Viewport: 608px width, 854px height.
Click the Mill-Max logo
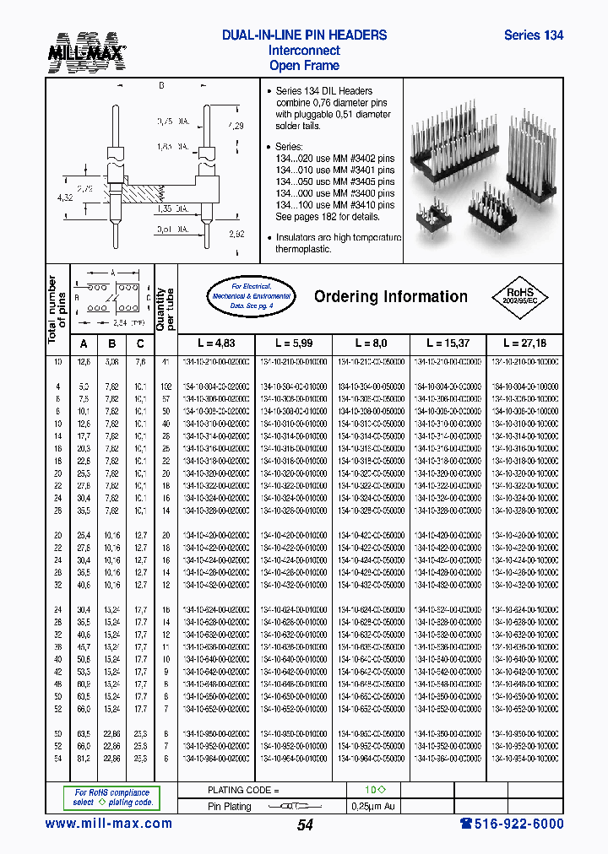pyautogui.click(x=86, y=50)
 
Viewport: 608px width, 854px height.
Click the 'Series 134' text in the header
pyautogui.click(x=533, y=35)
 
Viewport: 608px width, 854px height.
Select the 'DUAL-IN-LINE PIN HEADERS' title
pyautogui.click(x=304, y=35)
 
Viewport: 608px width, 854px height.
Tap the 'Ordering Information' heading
pyautogui.click(x=390, y=296)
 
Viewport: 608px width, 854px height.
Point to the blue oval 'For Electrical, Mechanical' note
pyautogui.click(x=251, y=296)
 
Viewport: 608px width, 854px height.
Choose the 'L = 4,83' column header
pyautogui.click(x=215, y=344)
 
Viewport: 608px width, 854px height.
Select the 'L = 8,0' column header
pyautogui.click(x=370, y=344)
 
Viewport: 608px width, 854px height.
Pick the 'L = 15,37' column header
pyautogui.click(x=447, y=344)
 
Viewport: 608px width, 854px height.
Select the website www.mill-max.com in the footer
pyautogui.click(x=108, y=824)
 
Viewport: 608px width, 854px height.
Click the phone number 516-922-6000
pyautogui.click(x=512, y=824)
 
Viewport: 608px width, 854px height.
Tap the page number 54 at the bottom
pyautogui.click(x=305, y=825)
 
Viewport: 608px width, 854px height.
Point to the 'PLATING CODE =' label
pyautogui.click(x=243, y=790)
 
